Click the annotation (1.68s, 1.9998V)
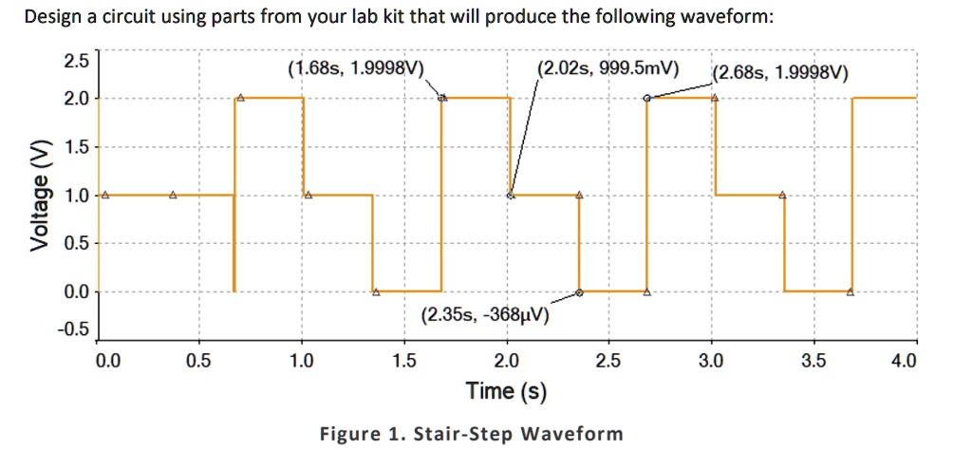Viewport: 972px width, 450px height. click(356, 68)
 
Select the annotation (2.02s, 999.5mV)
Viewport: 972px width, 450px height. click(607, 68)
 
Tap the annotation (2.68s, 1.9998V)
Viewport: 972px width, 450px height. click(781, 74)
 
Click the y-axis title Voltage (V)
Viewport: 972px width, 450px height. click(39, 196)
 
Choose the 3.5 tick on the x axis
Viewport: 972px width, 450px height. click(813, 361)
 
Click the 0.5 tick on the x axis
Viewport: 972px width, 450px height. click(198, 361)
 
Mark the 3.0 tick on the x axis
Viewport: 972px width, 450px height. click(710, 361)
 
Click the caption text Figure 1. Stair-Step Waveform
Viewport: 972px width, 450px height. click(472, 434)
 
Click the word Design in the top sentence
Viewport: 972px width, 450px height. click(52, 18)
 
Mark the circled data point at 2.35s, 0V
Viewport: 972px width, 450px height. click(579, 292)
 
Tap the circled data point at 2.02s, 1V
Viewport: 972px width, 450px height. click(511, 196)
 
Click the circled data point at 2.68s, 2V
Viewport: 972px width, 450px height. click(647, 98)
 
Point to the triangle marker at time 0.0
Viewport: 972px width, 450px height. click(104, 195)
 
